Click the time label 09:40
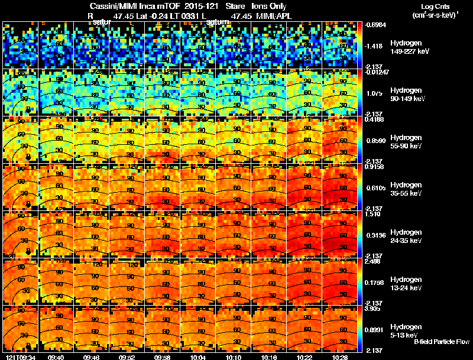click(x=56, y=357)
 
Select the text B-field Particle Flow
click(x=442, y=342)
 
